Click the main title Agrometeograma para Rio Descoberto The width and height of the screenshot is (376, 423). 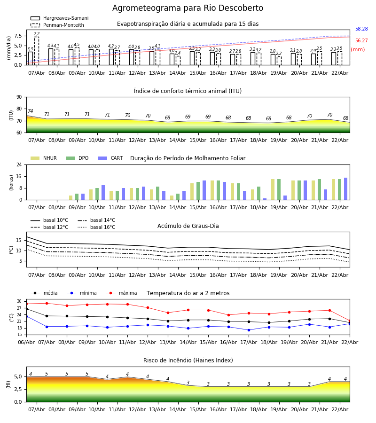pos(188,8)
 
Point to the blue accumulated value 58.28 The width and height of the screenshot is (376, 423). pos(361,29)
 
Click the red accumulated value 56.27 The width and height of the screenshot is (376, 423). pos(361,41)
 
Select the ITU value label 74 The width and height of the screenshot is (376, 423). pos(31,111)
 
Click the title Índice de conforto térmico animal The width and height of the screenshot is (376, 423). pos(188,91)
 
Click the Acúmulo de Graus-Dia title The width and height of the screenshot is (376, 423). pos(188,226)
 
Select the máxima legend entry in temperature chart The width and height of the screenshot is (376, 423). pos(127,293)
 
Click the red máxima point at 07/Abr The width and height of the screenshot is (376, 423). pos(47,303)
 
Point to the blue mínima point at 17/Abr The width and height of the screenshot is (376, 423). pos(249,330)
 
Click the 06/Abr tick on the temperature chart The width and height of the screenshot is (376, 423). pos(26,342)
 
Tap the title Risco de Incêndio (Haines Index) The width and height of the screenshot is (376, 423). pos(188,360)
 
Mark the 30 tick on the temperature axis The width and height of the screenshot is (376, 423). pos(19,301)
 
